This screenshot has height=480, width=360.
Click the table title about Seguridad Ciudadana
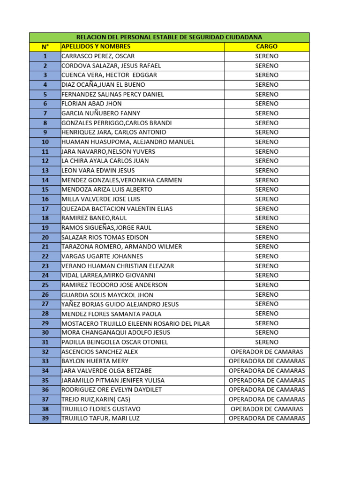169,37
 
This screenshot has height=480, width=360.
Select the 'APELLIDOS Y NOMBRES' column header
96,46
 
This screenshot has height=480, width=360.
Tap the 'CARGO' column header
267,46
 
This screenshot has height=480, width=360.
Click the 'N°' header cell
45,46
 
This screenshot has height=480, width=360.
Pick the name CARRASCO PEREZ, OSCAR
98,56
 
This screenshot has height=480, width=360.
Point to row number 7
45,113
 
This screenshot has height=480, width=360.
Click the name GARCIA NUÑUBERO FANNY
101,113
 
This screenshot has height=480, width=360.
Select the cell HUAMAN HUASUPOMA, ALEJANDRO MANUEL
127,142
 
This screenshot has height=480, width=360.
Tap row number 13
45,171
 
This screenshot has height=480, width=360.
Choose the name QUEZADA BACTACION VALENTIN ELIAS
117,209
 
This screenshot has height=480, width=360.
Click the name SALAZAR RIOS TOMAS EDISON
105,237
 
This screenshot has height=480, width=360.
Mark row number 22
45,256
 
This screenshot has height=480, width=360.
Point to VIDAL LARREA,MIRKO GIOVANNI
108,275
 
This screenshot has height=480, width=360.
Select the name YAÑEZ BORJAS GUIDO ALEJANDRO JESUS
120,304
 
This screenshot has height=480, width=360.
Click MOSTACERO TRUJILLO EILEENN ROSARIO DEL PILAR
135,323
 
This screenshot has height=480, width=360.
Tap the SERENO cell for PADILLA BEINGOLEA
267,342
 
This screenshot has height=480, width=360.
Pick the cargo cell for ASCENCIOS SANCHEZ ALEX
267,352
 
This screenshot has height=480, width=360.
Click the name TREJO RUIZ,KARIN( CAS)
96,399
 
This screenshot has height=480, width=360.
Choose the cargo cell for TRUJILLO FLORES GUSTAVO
267,409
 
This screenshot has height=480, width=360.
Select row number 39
45,418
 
